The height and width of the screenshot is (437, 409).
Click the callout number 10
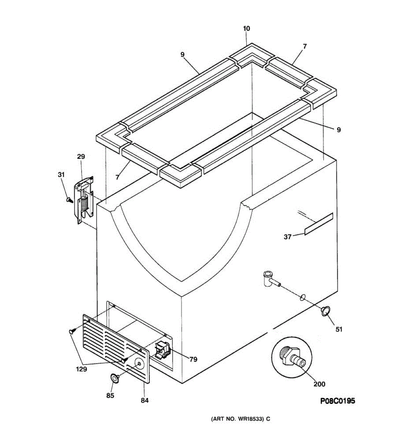246,29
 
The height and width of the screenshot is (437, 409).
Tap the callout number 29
81,157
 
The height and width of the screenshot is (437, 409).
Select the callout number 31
61,175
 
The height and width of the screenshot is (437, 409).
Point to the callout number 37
288,237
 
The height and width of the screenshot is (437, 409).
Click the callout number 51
338,329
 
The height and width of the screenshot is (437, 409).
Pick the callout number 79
193,359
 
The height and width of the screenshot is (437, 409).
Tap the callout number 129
81,369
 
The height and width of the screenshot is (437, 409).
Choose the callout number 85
110,395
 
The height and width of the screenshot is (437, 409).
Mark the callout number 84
144,401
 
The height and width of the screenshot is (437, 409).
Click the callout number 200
319,384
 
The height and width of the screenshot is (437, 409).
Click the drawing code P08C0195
337,401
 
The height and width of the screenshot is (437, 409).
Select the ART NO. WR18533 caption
241,419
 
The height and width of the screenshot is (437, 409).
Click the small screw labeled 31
68,199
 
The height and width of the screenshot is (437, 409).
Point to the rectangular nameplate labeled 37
318,224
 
